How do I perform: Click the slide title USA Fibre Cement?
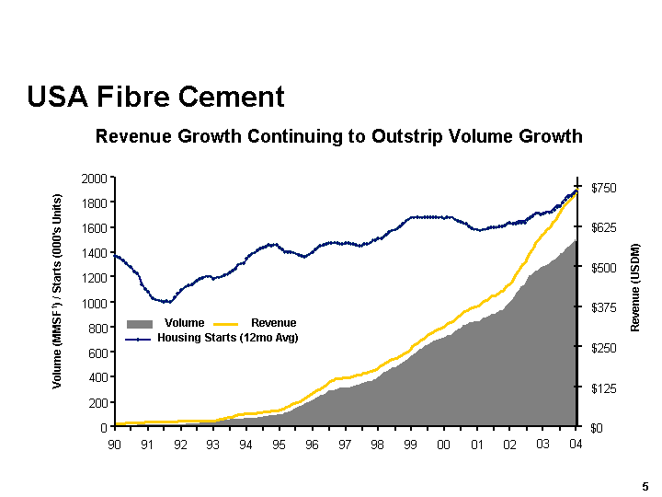click(x=155, y=97)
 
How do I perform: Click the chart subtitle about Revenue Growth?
click(x=339, y=137)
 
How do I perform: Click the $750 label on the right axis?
click(x=602, y=187)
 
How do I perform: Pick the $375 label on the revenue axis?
click(x=602, y=307)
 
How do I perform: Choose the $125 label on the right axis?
click(x=602, y=387)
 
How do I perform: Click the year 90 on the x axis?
click(x=115, y=445)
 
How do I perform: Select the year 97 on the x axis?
click(x=345, y=445)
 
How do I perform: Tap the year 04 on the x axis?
click(x=576, y=445)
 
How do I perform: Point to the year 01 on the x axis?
click(x=476, y=445)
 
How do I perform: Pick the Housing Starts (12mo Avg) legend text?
click(x=228, y=338)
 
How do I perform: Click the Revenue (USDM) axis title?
click(x=634, y=288)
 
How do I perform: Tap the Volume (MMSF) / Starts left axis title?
click(x=57, y=291)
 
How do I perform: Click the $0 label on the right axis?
click(x=597, y=428)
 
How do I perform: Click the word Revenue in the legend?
click(x=273, y=323)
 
